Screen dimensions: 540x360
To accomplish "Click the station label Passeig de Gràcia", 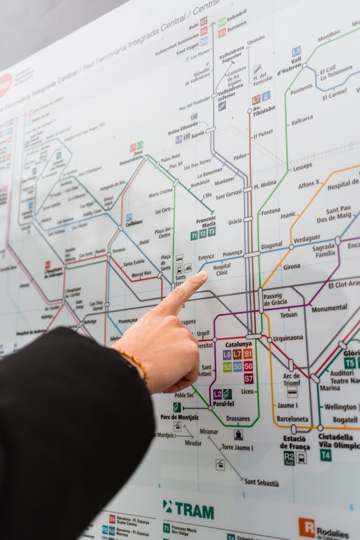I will [x=275, y=299].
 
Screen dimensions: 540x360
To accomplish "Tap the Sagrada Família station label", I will [x=323, y=250].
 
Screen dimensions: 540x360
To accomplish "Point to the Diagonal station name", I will [x=271, y=246].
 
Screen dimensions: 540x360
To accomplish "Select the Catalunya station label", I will [x=238, y=344].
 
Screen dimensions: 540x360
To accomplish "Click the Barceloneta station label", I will [x=292, y=419].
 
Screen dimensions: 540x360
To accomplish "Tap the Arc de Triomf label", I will [x=291, y=379].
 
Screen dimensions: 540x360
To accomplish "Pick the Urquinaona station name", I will [x=287, y=338].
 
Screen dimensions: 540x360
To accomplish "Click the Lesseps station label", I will [x=302, y=166].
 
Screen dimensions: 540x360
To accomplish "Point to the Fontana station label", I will [x=271, y=211].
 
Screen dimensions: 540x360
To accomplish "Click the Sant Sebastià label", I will [x=261, y=482].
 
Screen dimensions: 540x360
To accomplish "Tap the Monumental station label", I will [x=329, y=308].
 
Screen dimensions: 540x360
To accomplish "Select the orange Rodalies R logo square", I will [x=307, y=527].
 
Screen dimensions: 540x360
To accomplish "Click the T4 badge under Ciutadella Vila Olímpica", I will [x=326, y=455].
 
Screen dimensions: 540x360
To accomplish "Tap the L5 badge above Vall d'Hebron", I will [x=296, y=51].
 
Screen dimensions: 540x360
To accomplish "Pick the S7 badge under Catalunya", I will [x=248, y=379].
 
